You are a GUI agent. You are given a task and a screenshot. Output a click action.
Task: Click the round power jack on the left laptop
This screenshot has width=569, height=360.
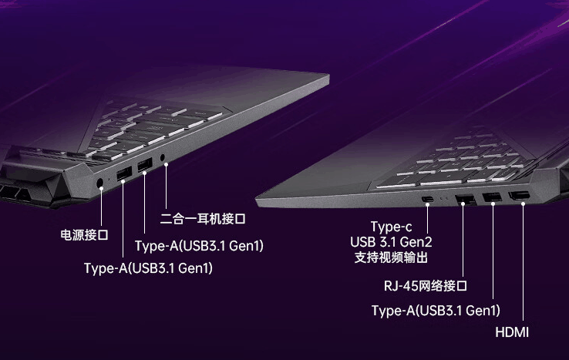click(103, 183)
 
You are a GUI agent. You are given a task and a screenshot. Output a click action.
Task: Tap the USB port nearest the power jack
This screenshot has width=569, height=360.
click(123, 173)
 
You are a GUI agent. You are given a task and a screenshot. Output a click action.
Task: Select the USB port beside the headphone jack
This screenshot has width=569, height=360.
click(143, 165)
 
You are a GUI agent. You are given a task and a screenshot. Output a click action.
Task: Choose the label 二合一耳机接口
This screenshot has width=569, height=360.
click(202, 219)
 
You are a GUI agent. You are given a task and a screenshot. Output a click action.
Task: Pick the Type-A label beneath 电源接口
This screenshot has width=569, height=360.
click(148, 268)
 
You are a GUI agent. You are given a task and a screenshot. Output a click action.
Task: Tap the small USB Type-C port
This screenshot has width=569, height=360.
click(427, 200)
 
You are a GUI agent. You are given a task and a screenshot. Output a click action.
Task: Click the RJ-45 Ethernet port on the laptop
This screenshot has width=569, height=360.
click(465, 200)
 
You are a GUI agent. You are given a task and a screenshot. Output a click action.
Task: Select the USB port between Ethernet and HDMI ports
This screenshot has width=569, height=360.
click(492, 199)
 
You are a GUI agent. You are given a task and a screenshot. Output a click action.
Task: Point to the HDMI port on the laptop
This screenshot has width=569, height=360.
click(520, 197)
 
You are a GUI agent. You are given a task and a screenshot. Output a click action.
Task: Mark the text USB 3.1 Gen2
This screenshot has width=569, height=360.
click(391, 242)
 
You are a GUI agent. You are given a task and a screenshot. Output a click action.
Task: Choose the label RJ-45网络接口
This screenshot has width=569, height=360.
click(426, 286)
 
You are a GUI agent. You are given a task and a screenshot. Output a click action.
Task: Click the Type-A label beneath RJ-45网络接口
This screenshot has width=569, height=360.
click(436, 310)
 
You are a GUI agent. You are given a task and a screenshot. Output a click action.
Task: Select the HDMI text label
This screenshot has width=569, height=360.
click(511, 332)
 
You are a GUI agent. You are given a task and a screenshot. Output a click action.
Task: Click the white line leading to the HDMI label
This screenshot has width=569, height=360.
click(522, 262)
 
